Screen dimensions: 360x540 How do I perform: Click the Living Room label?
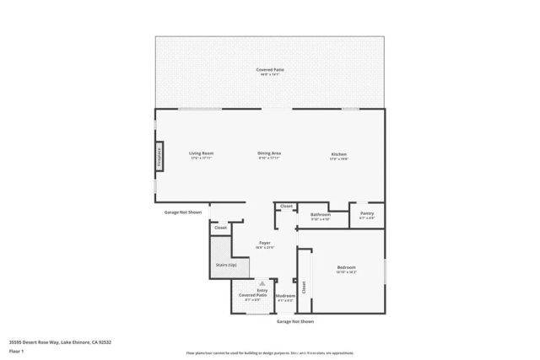[201, 153]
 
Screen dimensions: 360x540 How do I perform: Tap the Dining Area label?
[269, 153]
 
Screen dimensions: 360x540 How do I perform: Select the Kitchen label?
[338, 154]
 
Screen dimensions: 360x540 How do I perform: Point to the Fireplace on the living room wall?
[158, 157]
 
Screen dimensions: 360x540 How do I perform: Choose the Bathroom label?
[321, 215]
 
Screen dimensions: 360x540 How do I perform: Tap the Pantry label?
[367, 213]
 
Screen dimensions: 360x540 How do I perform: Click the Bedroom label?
[346, 267]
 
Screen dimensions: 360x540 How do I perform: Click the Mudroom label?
[285, 296]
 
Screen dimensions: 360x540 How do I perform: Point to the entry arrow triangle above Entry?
[262, 283]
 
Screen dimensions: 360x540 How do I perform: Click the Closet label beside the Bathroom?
[286, 207]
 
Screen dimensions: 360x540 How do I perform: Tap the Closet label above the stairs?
[220, 228]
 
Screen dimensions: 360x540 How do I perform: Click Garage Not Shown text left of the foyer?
[183, 212]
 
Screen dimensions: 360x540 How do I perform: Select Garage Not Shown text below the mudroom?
[295, 321]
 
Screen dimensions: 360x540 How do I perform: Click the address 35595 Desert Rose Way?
[60, 341]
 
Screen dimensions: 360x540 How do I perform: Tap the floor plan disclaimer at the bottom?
[269, 352]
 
